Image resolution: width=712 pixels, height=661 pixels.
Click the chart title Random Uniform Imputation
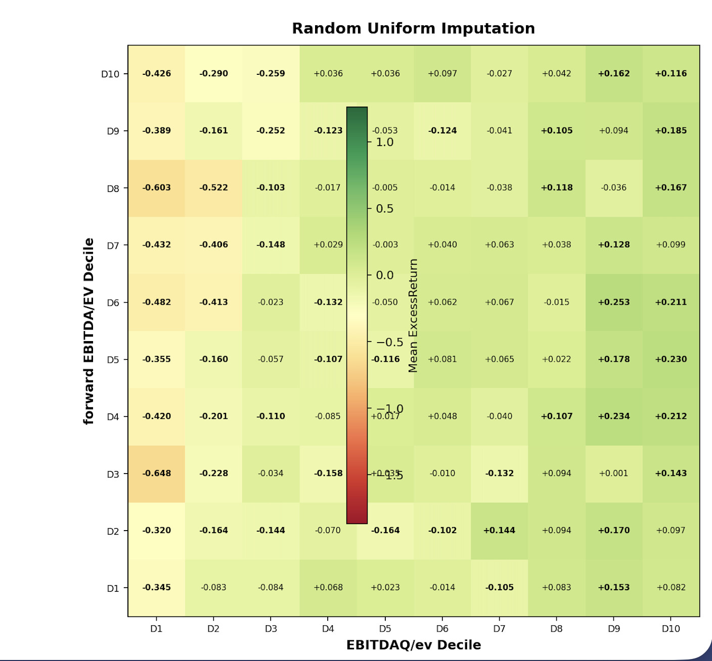(413, 28)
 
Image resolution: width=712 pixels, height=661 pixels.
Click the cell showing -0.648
(157, 474)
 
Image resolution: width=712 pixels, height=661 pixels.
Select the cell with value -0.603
(157, 187)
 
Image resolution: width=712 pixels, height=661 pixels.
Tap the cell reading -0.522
(213, 187)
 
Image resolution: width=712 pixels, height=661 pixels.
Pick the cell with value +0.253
(614, 302)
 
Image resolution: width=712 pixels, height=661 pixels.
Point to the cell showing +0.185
(671, 130)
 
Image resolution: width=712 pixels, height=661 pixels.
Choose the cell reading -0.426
(157, 73)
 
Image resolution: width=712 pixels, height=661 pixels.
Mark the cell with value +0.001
(614, 474)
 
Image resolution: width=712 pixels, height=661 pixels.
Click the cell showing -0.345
(157, 587)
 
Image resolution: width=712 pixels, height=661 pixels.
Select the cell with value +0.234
(614, 416)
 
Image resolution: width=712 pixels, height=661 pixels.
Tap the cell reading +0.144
(499, 530)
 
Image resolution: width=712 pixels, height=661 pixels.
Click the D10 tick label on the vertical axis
(110, 74)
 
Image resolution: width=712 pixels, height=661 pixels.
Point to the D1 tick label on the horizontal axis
(156, 629)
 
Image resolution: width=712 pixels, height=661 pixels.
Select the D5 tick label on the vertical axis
(113, 360)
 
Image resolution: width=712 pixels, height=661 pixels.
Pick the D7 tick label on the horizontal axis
(499, 629)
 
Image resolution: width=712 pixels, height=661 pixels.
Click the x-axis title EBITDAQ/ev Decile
(413, 645)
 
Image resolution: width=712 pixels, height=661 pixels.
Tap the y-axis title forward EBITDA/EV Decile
(88, 331)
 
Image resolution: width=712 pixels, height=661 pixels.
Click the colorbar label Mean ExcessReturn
(413, 316)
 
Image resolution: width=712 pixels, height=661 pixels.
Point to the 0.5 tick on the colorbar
(384, 209)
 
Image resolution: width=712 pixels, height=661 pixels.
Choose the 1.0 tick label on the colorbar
(384, 142)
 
